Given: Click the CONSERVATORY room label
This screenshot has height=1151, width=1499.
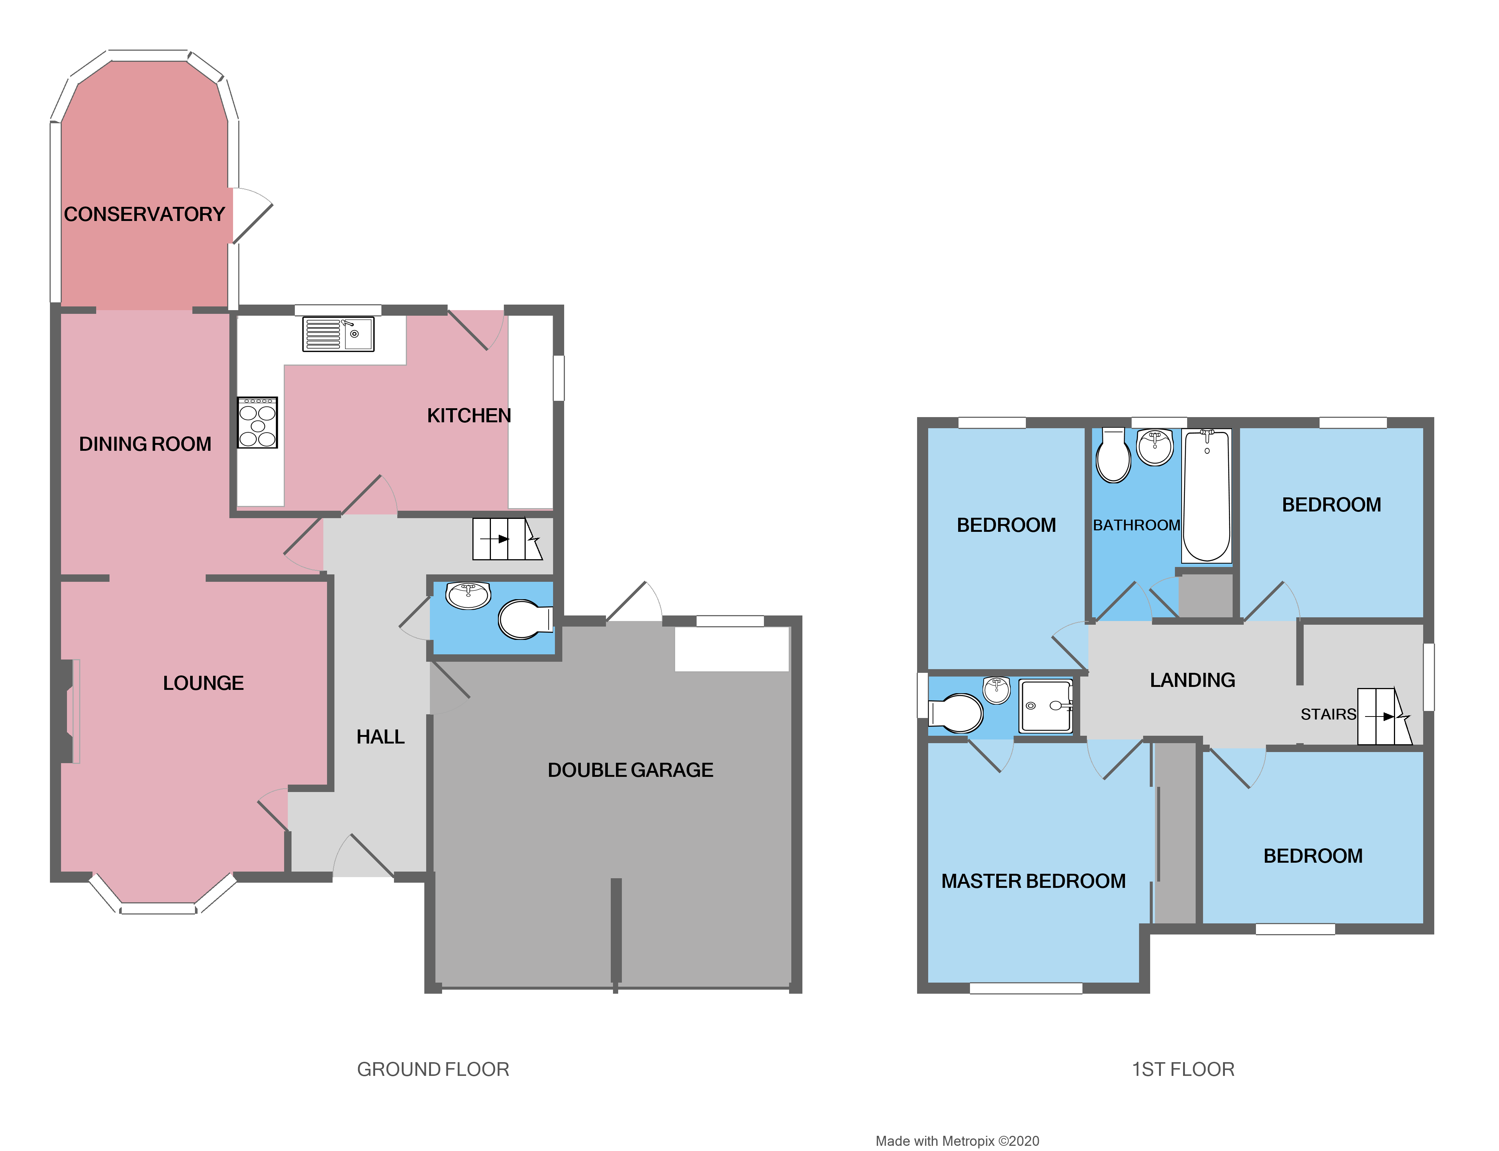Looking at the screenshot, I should (145, 214).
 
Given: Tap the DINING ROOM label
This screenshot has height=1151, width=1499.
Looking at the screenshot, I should (145, 444).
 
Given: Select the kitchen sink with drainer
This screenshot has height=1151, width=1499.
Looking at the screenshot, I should (338, 334).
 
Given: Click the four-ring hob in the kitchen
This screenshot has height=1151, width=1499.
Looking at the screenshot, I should (257, 423).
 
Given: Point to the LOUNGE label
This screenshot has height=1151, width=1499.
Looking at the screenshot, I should (203, 683).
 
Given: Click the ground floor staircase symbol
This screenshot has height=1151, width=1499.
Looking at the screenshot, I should (507, 539).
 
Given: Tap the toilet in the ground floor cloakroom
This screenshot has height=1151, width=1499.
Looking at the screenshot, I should (524, 619).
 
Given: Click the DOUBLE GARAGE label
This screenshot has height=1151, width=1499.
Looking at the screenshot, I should (630, 770).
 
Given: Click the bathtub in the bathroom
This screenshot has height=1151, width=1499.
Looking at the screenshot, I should (1207, 495).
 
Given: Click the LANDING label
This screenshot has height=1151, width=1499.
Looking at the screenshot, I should (1192, 680).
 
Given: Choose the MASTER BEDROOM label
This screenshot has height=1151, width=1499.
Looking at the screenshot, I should (1033, 881).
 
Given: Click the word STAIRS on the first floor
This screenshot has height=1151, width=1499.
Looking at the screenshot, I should (1328, 715).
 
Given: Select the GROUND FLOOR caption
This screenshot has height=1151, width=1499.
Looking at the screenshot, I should (433, 1070).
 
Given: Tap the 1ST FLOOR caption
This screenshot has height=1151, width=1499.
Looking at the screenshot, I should (1183, 1070).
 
